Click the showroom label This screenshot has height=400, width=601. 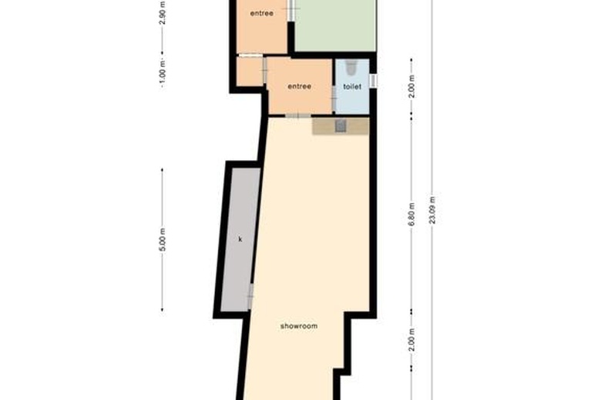pyautogui.click(x=299, y=326)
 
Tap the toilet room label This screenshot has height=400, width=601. pyautogui.click(x=352, y=86)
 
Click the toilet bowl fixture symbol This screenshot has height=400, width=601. pyautogui.click(x=352, y=67)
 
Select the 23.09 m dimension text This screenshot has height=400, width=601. pyautogui.click(x=432, y=210)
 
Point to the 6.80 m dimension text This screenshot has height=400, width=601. pyautogui.click(x=411, y=215)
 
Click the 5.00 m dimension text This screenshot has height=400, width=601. pyautogui.click(x=162, y=240)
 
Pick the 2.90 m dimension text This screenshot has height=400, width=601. pyautogui.click(x=162, y=13)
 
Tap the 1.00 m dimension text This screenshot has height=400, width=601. pyautogui.click(x=162, y=74)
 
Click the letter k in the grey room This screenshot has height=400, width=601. pyautogui.click(x=240, y=239)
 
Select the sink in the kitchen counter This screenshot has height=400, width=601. pyautogui.click(x=341, y=126)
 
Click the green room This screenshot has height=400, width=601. pyautogui.click(x=335, y=25)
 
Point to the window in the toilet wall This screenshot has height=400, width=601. pyautogui.click(x=373, y=81)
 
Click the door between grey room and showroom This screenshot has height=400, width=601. pyautogui.click(x=250, y=297)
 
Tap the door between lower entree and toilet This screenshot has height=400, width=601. pyautogui.click(x=334, y=98)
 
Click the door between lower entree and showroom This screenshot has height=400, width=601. pyautogui.click(x=298, y=115)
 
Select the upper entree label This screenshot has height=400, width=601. pyautogui.click(x=262, y=13)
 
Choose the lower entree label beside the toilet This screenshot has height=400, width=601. pyautogui.click(x=300, y=86)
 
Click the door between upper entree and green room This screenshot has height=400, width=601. pyautogui.click(x=291, y=10)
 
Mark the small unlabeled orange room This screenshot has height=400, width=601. pyautogui.click(x=250, y=72)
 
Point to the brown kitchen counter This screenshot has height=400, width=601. pyautogui.click(x=341, y=126)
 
